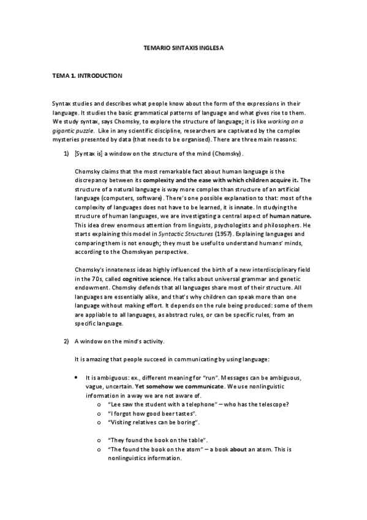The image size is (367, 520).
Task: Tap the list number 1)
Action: tap(66, 152)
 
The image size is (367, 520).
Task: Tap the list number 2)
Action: tap(66, 340)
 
